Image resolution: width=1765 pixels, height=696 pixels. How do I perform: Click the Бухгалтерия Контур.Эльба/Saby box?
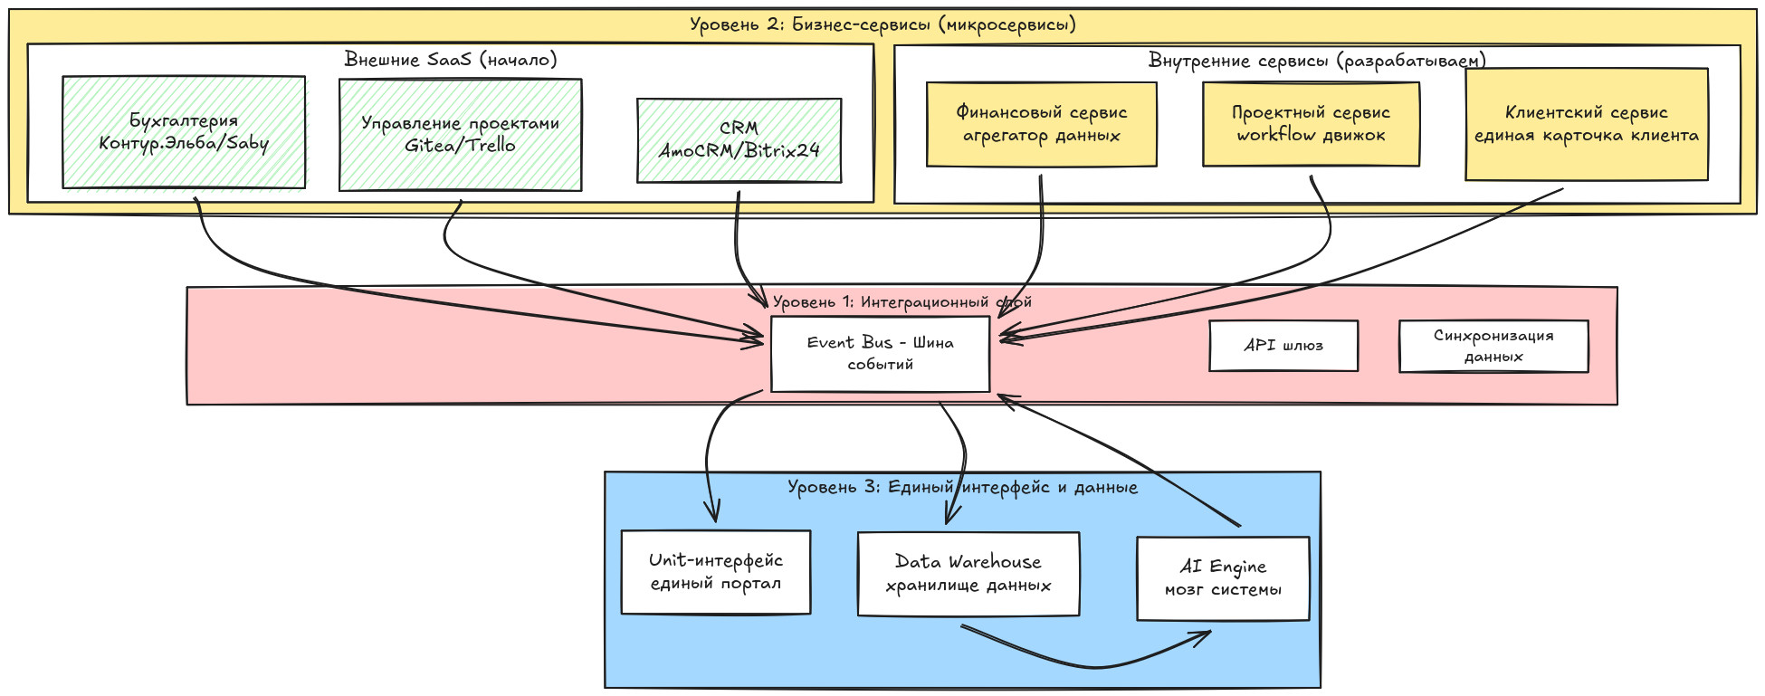[184, 132]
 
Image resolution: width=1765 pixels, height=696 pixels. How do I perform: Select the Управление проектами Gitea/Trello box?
[460, 135]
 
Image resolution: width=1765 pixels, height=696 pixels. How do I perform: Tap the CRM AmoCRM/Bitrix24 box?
[739, 140]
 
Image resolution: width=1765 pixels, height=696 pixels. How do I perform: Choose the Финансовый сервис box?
[1041, 125]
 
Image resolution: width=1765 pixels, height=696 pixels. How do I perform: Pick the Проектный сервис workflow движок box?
[1311, 125]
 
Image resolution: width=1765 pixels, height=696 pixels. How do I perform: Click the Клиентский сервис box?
[1586, 125]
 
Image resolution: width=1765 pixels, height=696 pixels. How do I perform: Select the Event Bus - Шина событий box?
[880, 354]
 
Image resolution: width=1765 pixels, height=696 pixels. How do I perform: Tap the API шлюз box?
[1283, 346]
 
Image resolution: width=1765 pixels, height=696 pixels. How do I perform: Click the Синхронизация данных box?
[1493, 346]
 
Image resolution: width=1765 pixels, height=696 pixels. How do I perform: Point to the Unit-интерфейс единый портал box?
[715, 572]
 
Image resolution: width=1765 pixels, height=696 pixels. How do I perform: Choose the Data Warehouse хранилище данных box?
[968, 574]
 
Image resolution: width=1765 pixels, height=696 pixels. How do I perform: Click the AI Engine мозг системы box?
[1223, 578]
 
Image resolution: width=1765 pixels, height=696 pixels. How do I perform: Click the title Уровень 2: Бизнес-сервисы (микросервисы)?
[882, 24]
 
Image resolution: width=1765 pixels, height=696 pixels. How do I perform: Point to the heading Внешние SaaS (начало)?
[451, 60]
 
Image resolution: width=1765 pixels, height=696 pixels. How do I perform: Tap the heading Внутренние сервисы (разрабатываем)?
[1317, 61]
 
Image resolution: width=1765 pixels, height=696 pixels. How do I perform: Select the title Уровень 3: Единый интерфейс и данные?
[962, 487]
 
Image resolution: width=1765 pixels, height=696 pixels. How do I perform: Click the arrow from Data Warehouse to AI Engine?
[1086, 665]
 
